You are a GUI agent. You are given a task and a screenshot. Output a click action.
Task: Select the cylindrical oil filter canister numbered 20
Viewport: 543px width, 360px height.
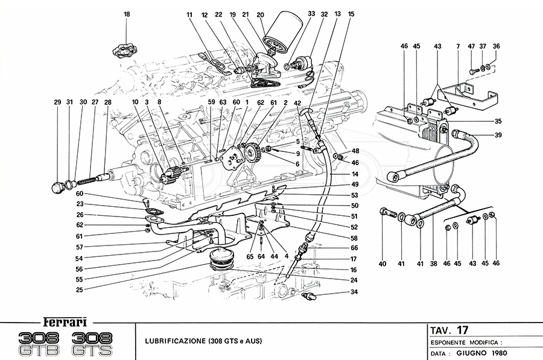[282, 37]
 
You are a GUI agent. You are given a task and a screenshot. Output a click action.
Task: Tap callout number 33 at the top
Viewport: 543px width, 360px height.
[311, 13]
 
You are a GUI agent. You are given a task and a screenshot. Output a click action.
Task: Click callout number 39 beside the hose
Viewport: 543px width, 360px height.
[498, 135]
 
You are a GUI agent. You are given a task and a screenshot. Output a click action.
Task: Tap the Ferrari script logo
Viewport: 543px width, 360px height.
[62, 321]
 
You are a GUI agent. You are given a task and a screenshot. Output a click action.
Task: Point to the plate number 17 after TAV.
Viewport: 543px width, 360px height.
[462, 330]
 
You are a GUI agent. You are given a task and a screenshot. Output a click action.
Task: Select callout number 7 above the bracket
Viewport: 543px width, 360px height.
[459, 46]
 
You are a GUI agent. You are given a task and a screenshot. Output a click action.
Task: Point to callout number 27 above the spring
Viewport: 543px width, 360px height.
[95, 103]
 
